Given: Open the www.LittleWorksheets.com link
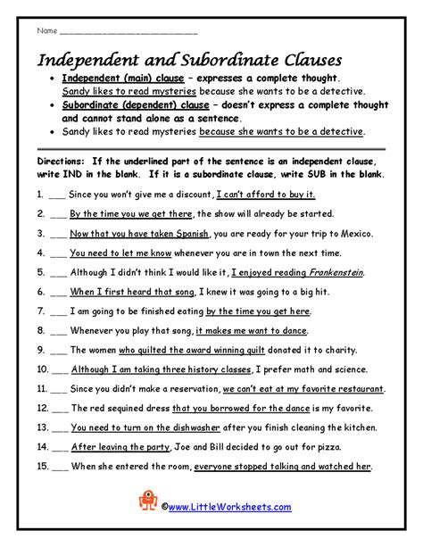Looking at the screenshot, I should tap(228, 507).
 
